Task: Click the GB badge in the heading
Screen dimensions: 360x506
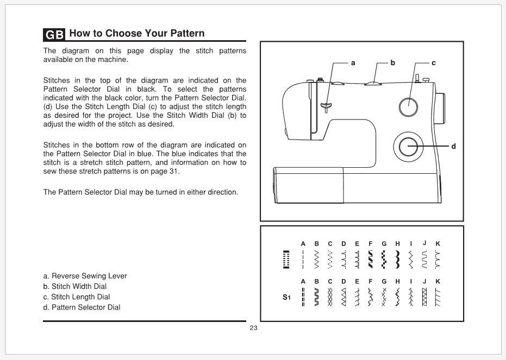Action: point(54,34)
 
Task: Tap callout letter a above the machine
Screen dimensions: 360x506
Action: point(353,63)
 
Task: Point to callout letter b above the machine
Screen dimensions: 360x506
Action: point(393,63)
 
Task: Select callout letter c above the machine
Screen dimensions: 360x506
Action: point(433,63)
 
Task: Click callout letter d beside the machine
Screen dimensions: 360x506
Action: point(453,146)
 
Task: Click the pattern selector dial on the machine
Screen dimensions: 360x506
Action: point(408,146)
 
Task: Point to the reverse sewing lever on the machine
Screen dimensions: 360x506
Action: point(326,105)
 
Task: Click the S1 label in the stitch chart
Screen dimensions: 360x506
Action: point(286,298)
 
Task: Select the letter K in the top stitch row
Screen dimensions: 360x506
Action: point(438,244)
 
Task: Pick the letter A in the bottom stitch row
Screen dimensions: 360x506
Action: point(303,281)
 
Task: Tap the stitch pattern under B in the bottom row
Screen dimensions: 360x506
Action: point(316,297)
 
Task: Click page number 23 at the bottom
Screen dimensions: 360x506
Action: point(253,328)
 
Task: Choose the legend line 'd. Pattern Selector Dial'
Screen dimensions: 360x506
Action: point(82,307)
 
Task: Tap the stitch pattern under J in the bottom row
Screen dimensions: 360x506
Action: point(424,297)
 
